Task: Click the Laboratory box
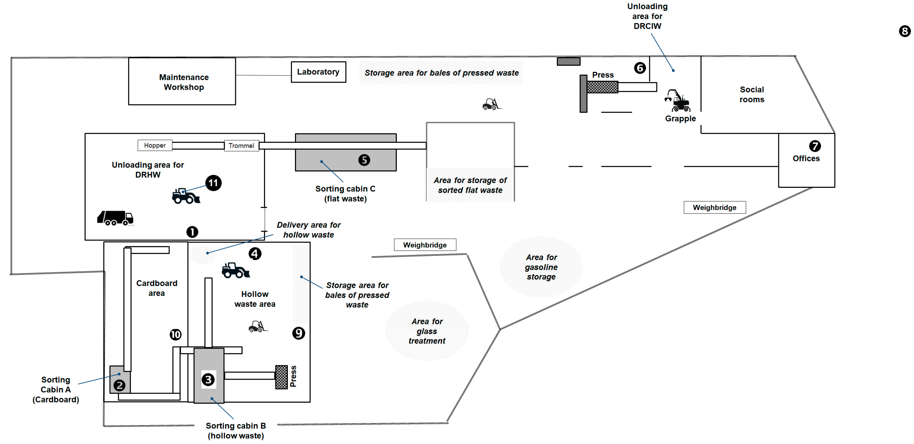coord(318,72)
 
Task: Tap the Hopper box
coord(155,145)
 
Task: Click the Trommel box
coord(241,146)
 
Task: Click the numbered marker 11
coord(213,183)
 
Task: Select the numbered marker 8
coord(904,31)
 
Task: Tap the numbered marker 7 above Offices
coord(815,146)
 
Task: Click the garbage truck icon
coord(115,218)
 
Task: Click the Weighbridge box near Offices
coord(714,207)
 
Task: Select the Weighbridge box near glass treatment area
coord(425,245)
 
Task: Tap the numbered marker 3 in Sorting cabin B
coord(208,379)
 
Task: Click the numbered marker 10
coord(175,334)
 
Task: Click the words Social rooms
coord(752,95)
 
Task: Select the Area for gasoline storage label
coord(541,267)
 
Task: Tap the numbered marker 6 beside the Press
coord(640,68)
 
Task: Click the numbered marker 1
coord(192,232)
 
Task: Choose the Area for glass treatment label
coord(427,331)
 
